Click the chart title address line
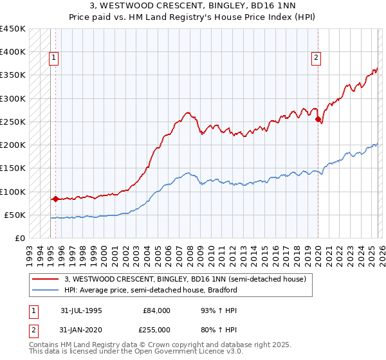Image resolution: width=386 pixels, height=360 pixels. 193,6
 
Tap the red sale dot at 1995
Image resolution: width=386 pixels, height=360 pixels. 55,199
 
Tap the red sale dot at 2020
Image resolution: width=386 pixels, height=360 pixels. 318,119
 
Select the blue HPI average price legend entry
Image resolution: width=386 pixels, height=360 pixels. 151,290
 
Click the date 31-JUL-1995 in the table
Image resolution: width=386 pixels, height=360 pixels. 81,310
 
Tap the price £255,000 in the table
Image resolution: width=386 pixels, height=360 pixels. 157,330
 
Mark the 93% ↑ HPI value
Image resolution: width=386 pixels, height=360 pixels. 213,310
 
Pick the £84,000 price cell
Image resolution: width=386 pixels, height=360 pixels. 157,310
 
